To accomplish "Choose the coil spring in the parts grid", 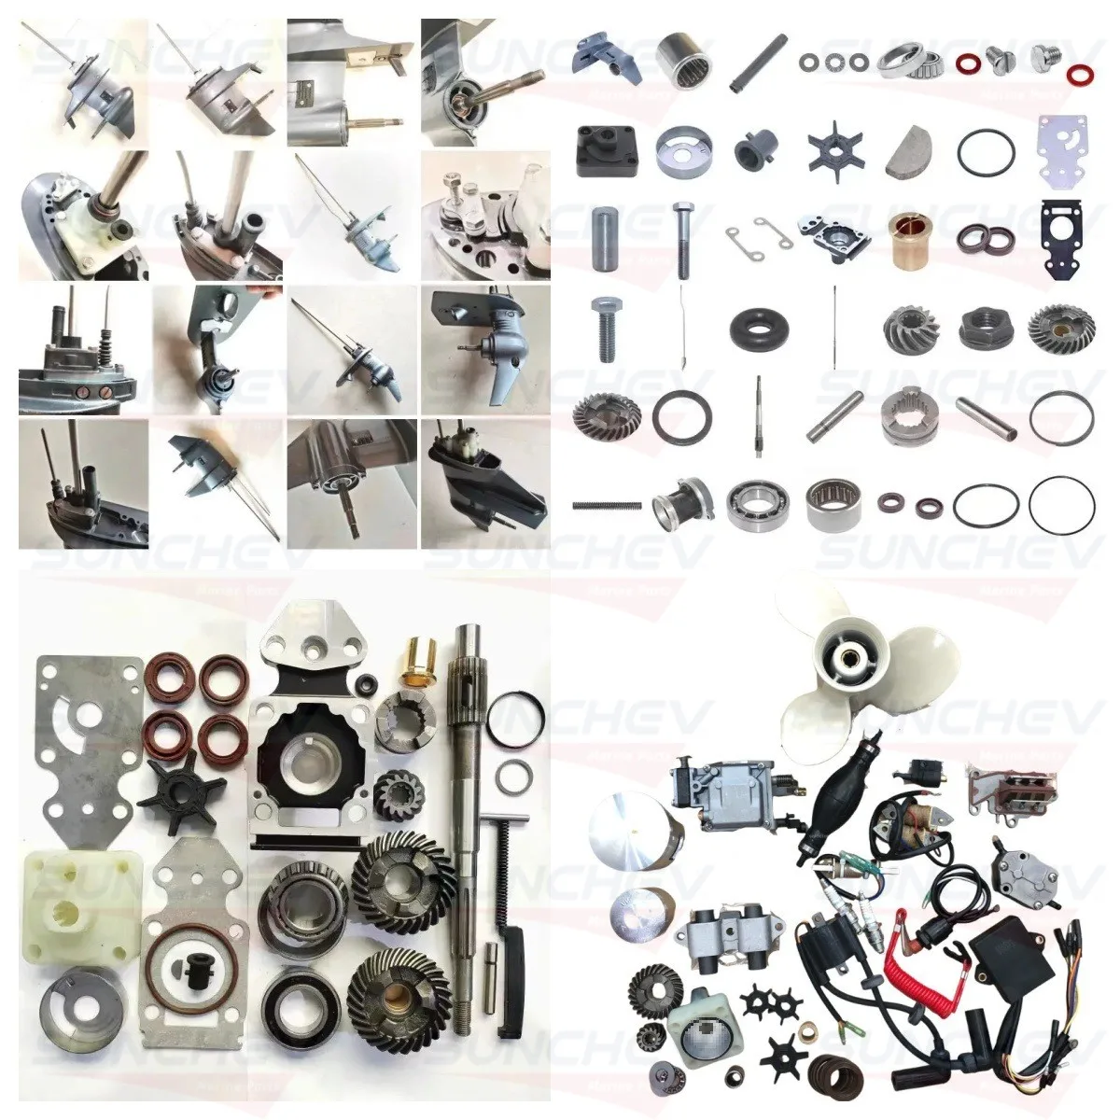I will tap(606, 505).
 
